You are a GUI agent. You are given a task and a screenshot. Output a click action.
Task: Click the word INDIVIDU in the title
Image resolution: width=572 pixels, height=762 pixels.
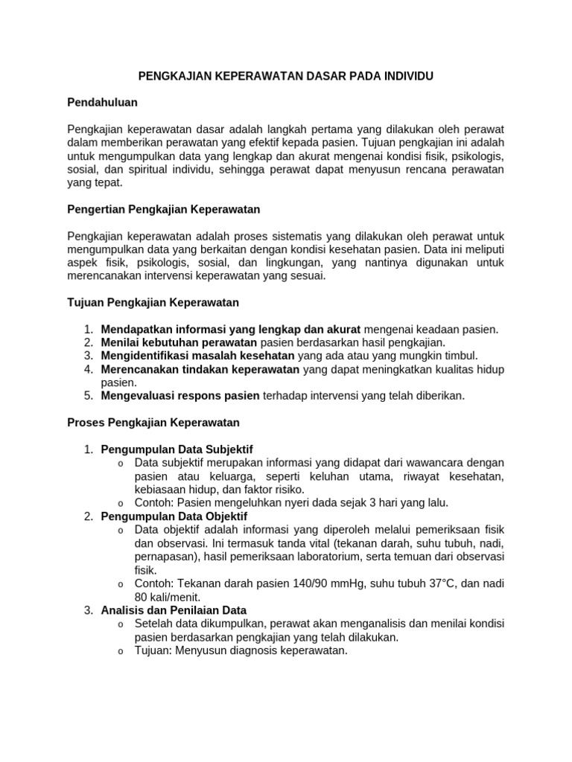pyautogui.click(x=406, y=76)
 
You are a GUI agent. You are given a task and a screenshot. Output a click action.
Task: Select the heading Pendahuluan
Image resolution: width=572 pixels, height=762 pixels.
pyautogui.click(x=102, y=102)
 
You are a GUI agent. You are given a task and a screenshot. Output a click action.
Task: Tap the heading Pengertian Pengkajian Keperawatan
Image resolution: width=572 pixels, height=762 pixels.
pyautogui.click(x=163, y=209)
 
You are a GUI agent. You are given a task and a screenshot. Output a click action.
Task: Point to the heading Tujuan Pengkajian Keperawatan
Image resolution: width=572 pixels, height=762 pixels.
pyautogui.click(x=153, y=302)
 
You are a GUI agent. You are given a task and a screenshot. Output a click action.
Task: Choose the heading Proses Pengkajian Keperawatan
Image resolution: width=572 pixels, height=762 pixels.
pyautogui.click(x=153, y=423)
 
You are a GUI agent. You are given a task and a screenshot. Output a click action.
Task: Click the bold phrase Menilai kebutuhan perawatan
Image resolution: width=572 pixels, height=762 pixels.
pyautogui.click(x=179, y=342)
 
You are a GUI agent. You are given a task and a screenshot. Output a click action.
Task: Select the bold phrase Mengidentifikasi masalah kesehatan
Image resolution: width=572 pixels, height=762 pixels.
pyautogui.click(x=198, y=356)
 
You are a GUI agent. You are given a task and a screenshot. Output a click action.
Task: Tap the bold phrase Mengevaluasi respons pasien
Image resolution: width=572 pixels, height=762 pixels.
pyautogui.click(x=180, y=396)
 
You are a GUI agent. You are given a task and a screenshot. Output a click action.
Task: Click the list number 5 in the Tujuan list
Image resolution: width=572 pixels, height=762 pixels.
pyautogui.click(x=88, y=396)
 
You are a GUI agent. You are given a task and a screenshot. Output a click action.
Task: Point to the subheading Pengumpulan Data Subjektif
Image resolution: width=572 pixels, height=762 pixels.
pyautogui.click(x=177, y=449)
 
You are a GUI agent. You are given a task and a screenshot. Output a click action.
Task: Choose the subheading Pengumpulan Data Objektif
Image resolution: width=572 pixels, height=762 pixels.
pyautogui.click(x=174, y=516)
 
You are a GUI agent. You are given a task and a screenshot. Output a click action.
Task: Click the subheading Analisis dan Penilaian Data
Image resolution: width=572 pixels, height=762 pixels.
pyautogui.click(x=174, y=610)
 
